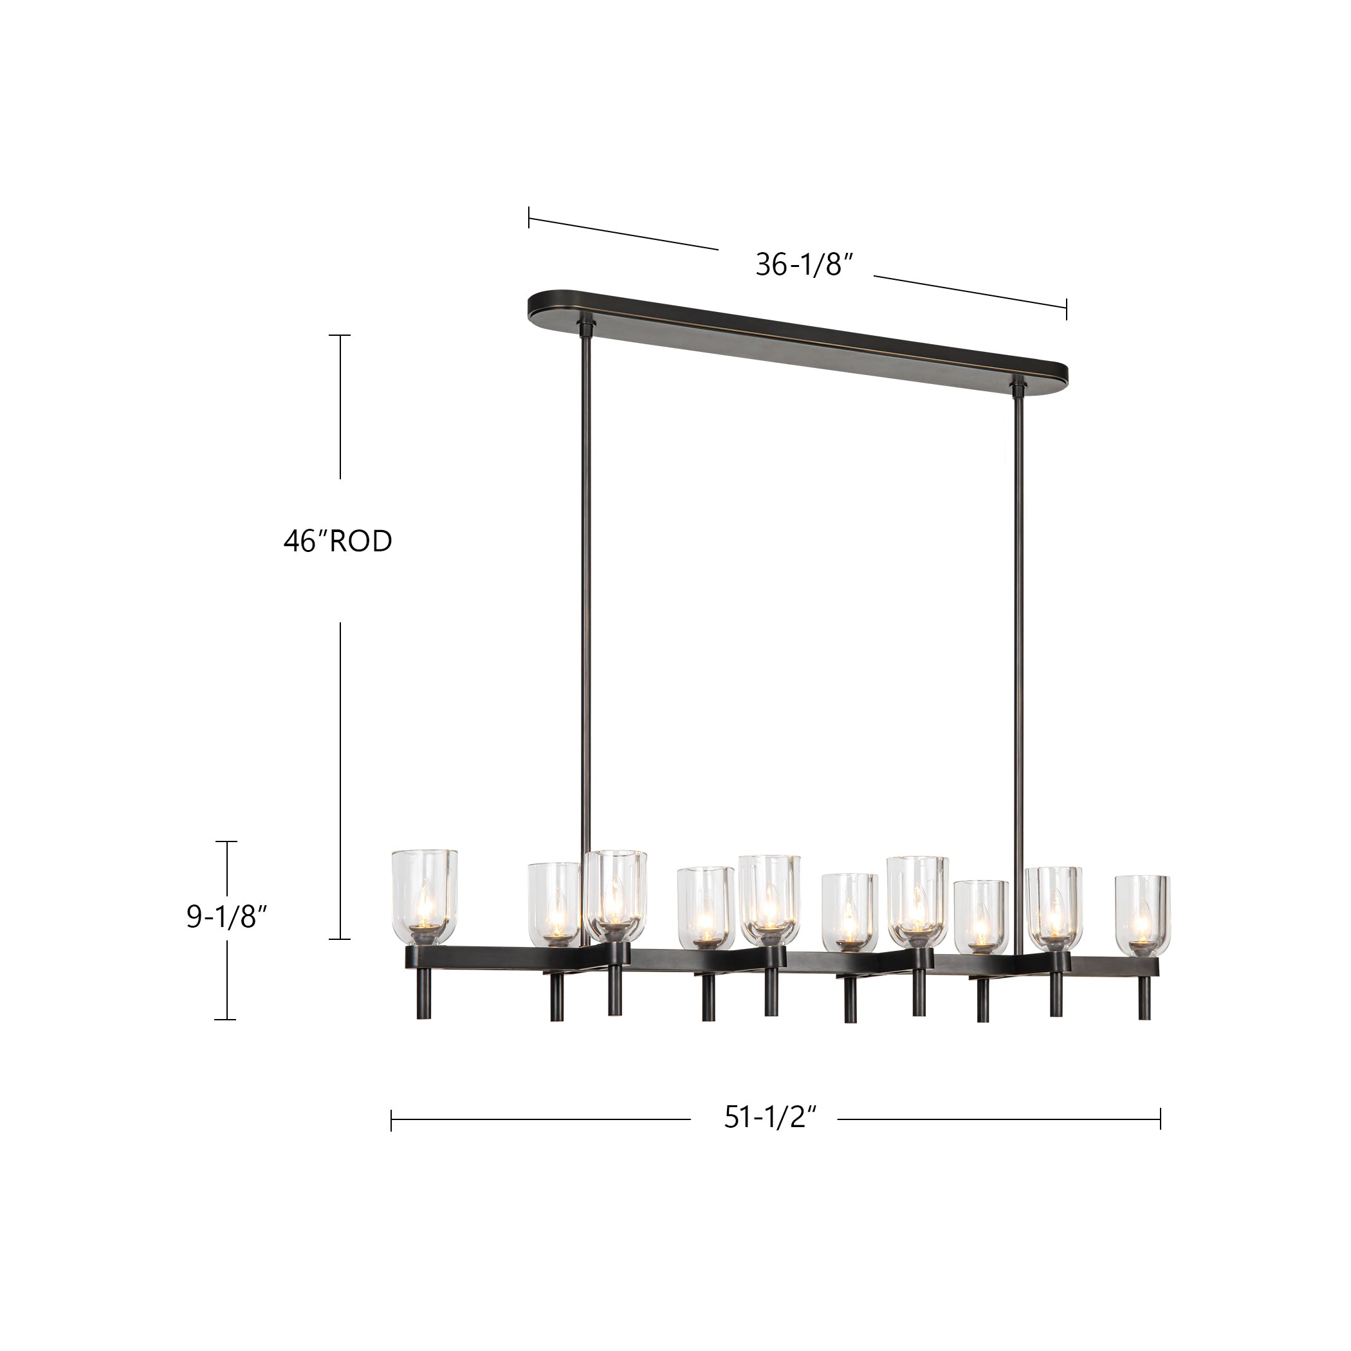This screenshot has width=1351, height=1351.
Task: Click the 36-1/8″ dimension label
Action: [804, 264]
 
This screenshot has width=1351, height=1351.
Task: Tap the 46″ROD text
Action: [338, 541]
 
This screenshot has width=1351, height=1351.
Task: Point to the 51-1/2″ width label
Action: [770, 1117]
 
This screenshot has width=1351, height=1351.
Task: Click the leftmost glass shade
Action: [425, 896]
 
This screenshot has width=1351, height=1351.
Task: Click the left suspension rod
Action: [585, 594]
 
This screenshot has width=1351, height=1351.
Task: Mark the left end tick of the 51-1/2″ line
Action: [392, 1119]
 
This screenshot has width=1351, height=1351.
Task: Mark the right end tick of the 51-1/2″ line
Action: [1160, 1119]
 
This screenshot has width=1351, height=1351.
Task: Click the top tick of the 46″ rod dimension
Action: [340, 336]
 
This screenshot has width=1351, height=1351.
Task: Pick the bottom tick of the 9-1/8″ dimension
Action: [225, 1020]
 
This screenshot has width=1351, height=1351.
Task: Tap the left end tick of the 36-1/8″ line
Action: [529, 217]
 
